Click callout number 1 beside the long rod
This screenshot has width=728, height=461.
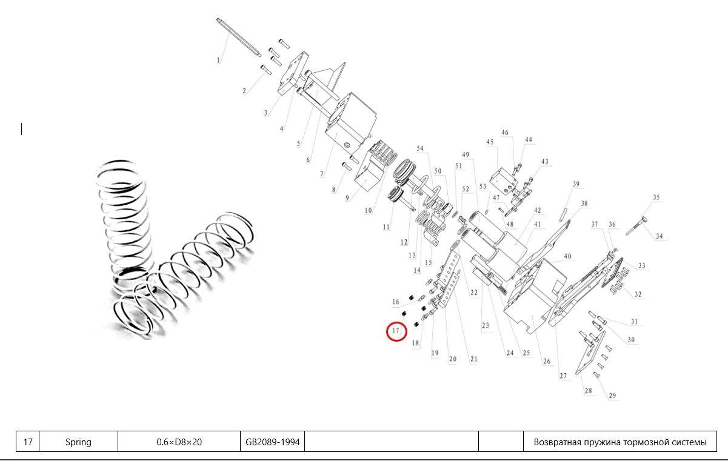click(x=219, y=60)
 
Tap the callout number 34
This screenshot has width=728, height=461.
click(x=660, y=236)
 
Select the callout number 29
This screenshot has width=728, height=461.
click(x=612, y=396)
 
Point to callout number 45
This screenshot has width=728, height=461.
click(x=490, y=142)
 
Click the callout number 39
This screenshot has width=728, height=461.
click(x=576, y=184)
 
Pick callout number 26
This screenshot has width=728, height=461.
click(x=547, y=362)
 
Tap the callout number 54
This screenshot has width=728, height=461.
click(x=420, y=148)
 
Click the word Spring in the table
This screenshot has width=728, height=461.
click(x=78, y=442)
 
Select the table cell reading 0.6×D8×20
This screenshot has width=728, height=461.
click(x=179, y=442)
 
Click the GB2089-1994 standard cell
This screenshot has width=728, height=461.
click(x=273, y=442)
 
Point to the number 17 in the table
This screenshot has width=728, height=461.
click(x=28, y=442)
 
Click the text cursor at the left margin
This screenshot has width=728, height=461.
click(x=22, y=128)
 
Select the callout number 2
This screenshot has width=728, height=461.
click(x=244, y=91)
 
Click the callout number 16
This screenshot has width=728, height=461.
click(x=396, y=302)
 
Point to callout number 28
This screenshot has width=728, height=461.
click(x=588, y=391)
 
